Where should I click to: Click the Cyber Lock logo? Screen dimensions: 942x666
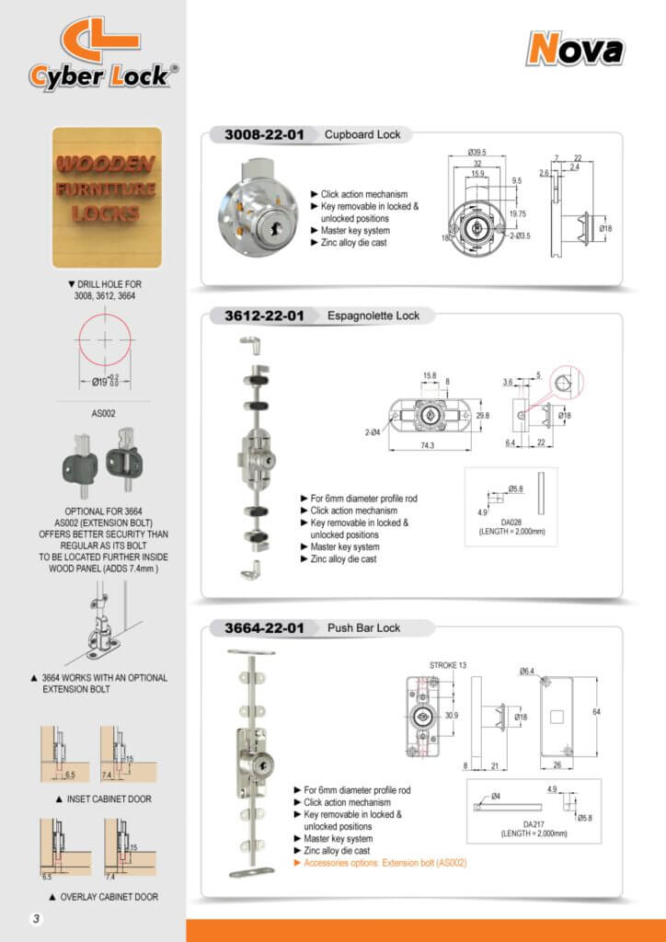coord(98,56)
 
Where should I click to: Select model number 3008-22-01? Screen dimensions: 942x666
coord(264,134)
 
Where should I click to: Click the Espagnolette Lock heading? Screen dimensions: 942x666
coord(373,316)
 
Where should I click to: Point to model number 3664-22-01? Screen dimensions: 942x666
coord(264,628)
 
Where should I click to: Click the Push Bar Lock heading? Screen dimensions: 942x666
coord(364,628)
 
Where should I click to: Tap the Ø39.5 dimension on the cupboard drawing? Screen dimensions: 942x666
coord(477,152)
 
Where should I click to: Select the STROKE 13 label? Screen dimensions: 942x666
coord(448,664)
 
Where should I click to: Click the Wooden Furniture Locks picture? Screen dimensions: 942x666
coord(107,197)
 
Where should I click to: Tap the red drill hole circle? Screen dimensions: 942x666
coord(107,339)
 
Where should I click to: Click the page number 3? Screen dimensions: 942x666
coord(34,919)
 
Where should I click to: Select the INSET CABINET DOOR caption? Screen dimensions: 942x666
coord(108,798)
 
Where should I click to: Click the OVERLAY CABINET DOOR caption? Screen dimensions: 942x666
coord(108,897)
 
